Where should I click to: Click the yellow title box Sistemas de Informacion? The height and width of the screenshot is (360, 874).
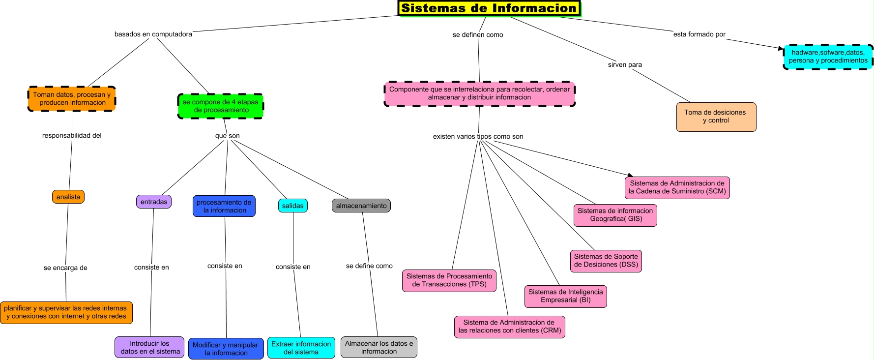click(489, 8)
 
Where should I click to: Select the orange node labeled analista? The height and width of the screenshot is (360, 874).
click(68, 197)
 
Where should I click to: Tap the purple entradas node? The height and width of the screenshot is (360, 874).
click(154, 202)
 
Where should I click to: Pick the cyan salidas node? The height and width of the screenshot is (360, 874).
click(293, 206)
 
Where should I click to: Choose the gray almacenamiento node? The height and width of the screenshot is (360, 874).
click(361, 206)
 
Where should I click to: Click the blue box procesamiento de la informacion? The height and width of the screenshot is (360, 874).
click(224, 206)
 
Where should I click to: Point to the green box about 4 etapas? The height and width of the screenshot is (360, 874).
click(221, 106)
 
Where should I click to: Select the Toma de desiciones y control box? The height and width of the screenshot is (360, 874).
click(716, 117)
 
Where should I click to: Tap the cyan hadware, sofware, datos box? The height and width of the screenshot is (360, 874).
click(828, 57)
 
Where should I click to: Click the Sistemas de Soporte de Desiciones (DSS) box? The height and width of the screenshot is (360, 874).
click(606, 261)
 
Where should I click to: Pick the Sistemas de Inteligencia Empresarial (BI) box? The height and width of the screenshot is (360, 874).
click(565, 296)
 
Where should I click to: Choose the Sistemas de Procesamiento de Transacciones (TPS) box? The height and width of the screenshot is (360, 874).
click(449, 280)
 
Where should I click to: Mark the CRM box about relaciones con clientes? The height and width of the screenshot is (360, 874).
click(510, 327)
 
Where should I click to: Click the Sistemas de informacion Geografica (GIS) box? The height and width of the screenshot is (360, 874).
click(615, 215)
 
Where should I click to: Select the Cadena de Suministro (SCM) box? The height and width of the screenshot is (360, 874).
click(677, 187)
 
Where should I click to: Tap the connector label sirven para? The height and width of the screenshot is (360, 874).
click(625, 64)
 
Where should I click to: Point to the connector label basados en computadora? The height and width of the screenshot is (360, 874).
click(153, 34)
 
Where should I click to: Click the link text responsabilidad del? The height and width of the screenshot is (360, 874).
click(72, 135)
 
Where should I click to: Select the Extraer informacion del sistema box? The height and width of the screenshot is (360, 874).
click(301, 348)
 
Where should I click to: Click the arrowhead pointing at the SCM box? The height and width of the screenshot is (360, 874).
click(630, 175)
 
